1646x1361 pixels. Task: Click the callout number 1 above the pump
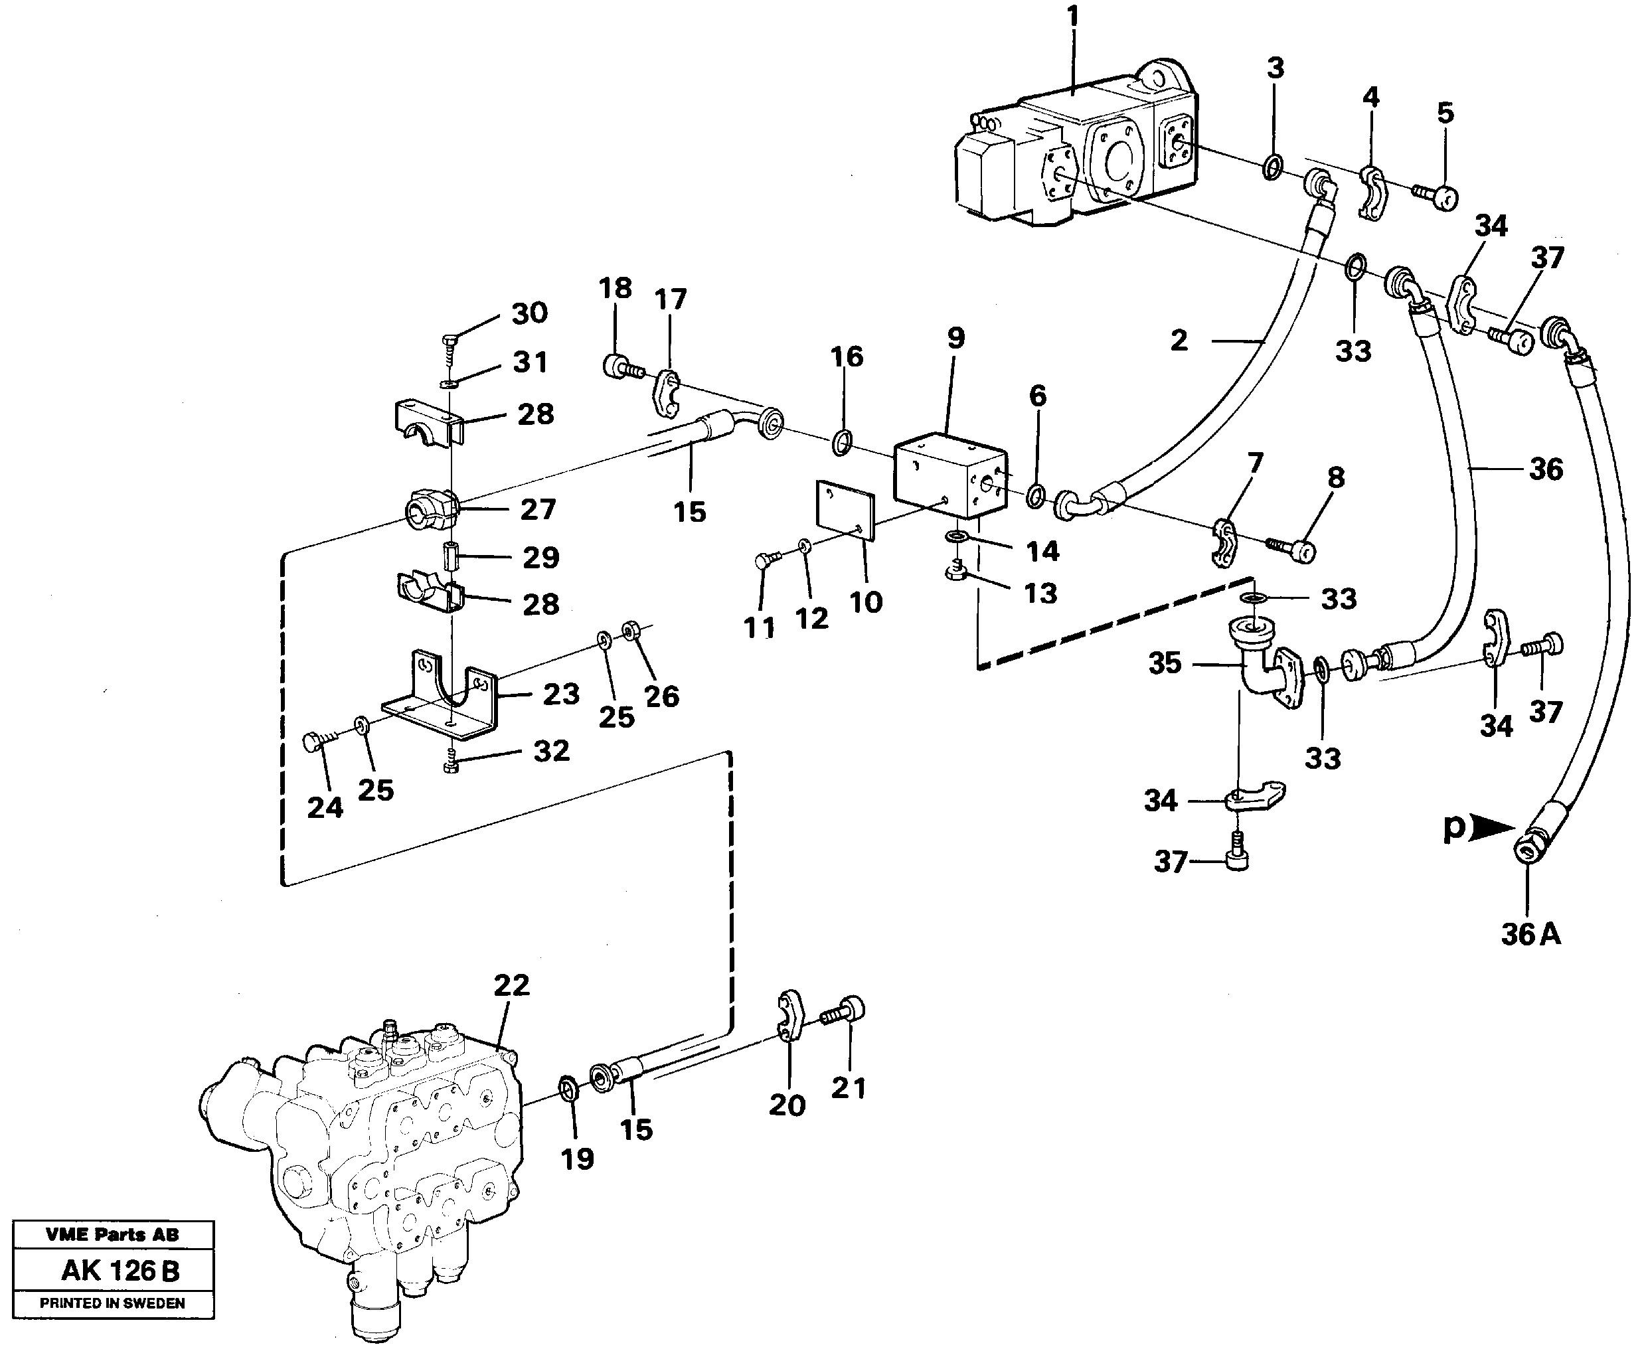(x=1072, y=17)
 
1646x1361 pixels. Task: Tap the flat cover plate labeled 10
(x=845, y=509)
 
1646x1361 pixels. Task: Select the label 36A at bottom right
(x=1530, y=935)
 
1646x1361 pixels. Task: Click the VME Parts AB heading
(x=112, y=1236)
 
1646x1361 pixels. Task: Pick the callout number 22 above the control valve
(x=511, y=985)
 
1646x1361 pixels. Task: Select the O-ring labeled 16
(x=841, y=443)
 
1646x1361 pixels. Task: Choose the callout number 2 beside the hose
(x=1179, y=341)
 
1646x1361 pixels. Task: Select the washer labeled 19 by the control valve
(x=566, y=1088)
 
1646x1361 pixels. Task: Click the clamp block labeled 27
(x=430, y=509)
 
